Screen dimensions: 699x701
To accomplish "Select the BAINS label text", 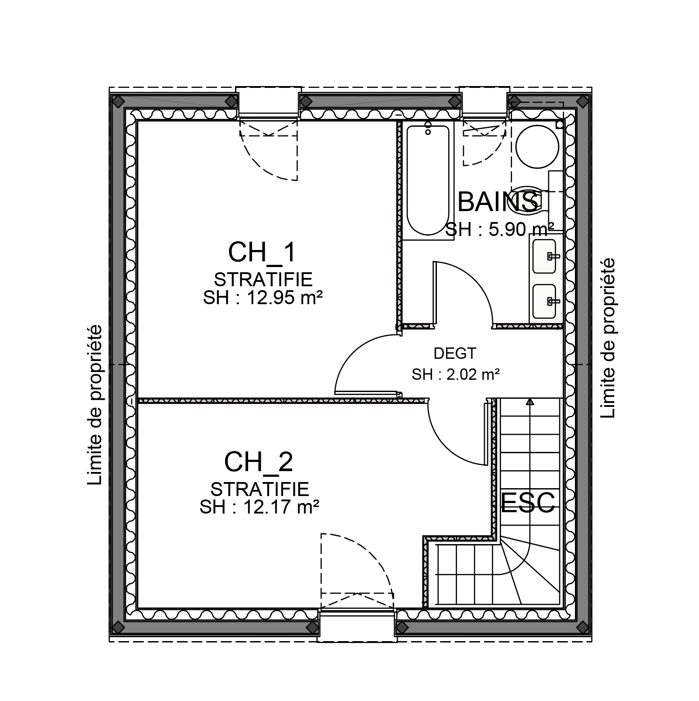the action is (498, 201).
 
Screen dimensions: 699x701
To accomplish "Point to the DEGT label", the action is (455, 353).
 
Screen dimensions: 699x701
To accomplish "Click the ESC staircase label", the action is (528, 502).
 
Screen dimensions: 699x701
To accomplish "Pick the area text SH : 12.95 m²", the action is (263, 298).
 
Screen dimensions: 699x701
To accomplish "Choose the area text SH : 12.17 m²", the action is (260, 507).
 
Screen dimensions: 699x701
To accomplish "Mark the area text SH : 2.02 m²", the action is (456, 375).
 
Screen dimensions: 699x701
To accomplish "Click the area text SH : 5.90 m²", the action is (500, 229).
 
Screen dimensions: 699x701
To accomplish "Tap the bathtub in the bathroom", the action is (428, 180).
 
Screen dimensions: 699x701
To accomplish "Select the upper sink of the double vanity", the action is (544, 256).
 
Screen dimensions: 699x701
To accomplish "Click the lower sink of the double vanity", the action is (544, 301).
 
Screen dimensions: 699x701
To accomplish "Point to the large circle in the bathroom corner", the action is (537, 147).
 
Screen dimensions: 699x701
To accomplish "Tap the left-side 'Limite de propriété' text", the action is (95, 405).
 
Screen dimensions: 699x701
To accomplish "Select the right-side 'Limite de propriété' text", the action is (607, 338).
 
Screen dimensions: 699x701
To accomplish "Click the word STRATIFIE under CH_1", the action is (263, 280).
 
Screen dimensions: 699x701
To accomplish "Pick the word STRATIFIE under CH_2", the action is (260, 489).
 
